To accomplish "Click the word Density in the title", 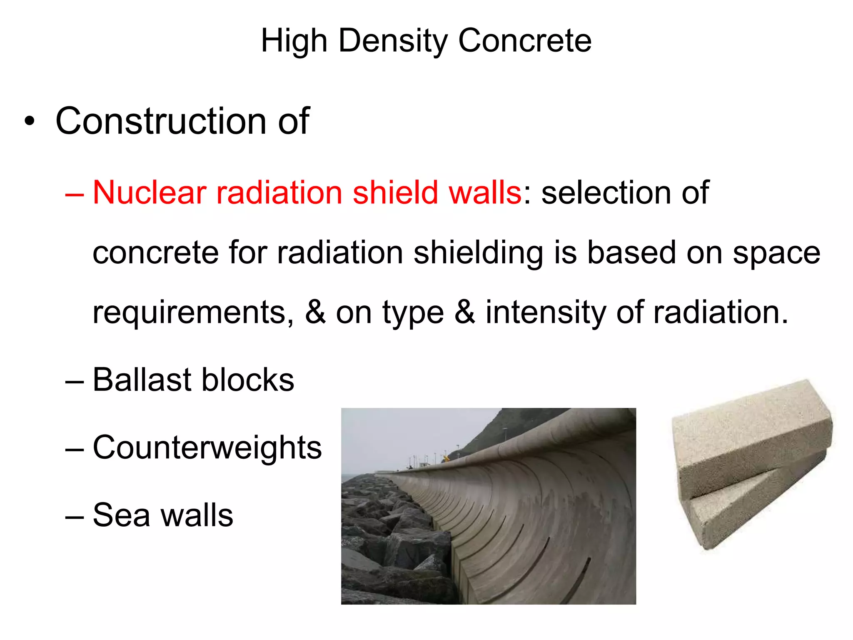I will pos(393,41).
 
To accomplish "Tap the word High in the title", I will pos(294,41).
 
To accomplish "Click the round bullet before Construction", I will pos(29,121).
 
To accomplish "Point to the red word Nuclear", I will pos(150,192).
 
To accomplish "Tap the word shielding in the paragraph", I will pos(478,252).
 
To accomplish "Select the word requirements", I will pos(193,312).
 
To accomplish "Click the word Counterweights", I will pos(207,447).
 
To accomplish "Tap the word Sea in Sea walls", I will pos(121,515).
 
